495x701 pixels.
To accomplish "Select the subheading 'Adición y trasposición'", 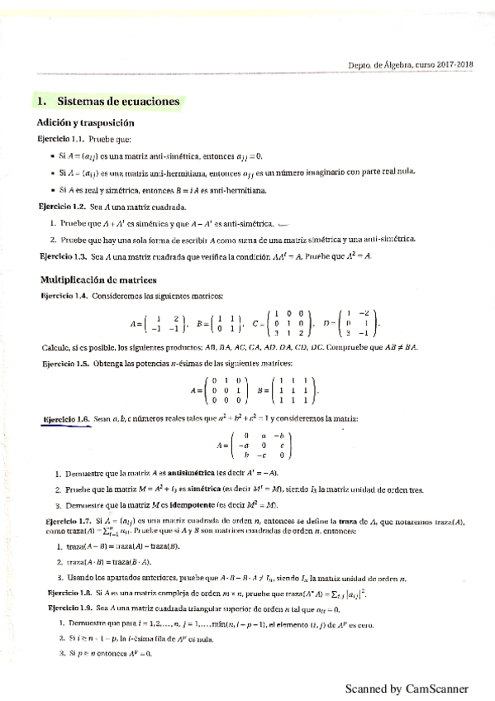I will (86, 122).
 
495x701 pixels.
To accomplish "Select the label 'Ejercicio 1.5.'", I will (63, 364).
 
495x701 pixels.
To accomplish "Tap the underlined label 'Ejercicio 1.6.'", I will (66, 420).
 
